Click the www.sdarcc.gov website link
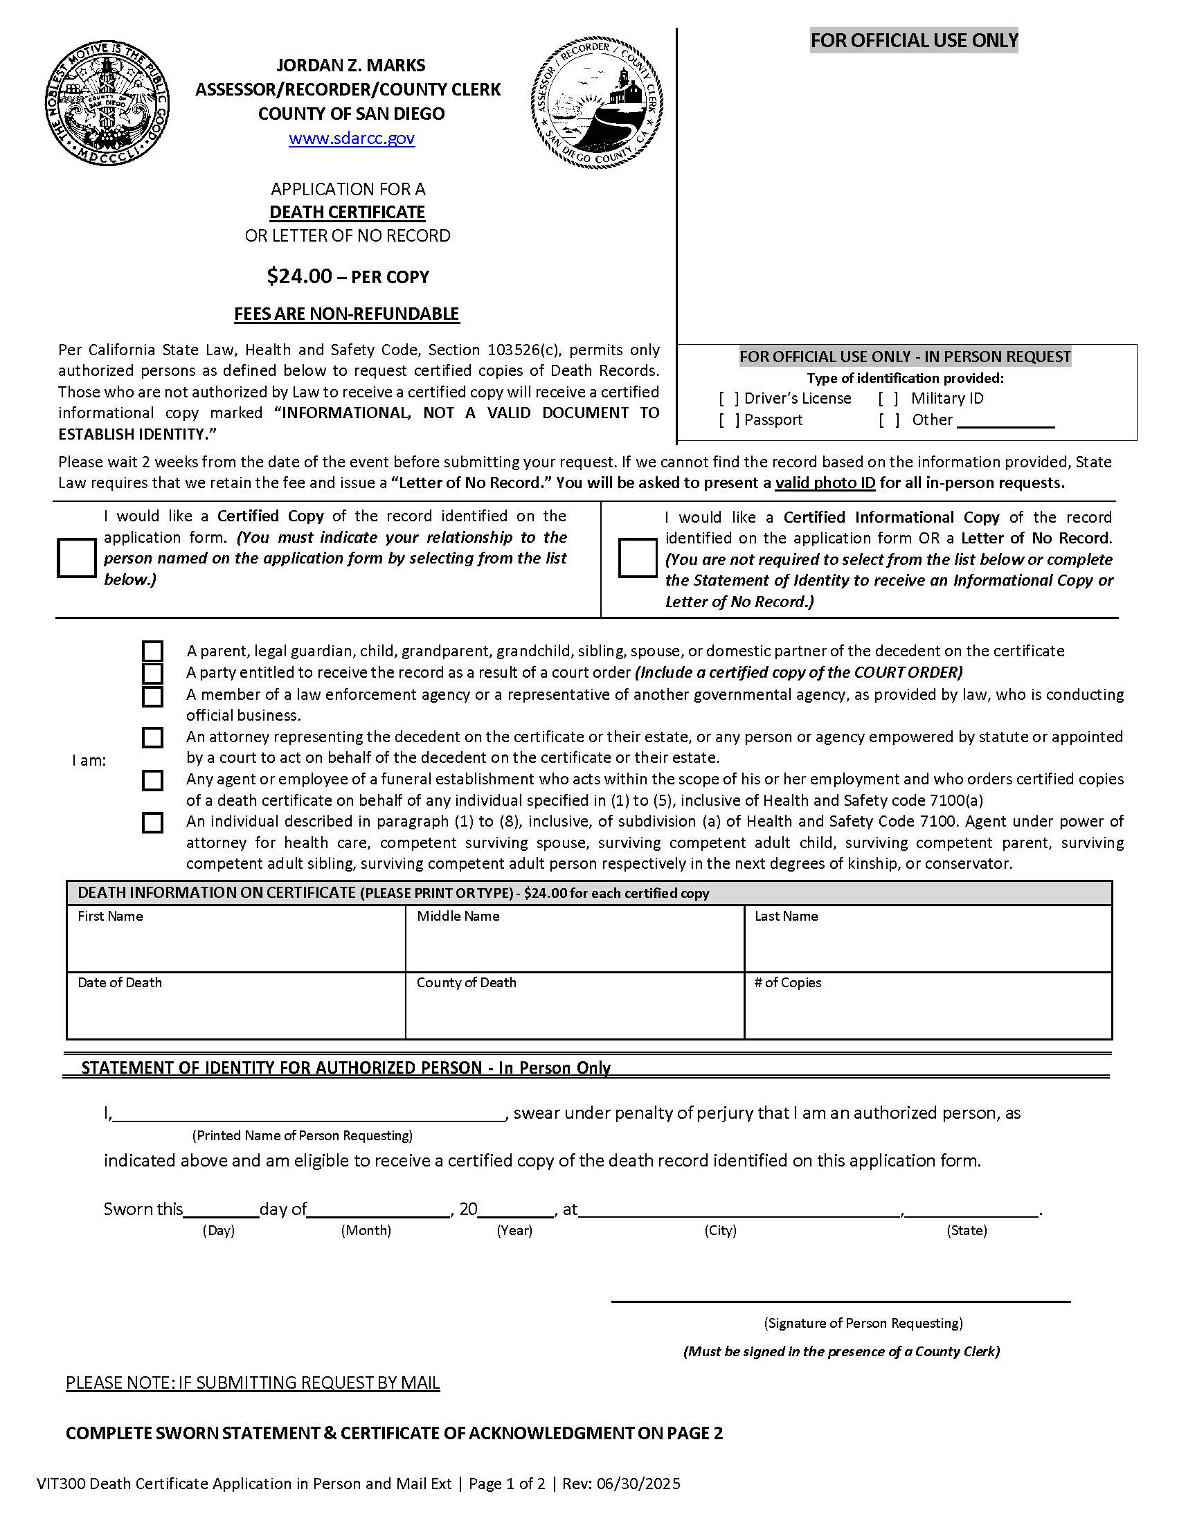point(352,138)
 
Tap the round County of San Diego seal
point(107,103)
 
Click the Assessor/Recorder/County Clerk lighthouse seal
point(597,103)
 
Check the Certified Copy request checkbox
point(77,557)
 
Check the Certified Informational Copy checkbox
point(637,558)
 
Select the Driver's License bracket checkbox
point(729,399)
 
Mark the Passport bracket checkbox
point(729,420)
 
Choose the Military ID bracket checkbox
point(888,399)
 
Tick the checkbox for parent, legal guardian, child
point(153,651)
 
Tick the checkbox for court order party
point(153,674)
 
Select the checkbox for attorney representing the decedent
point(153,738)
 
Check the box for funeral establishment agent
point(153,780)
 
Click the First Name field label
point(110,917)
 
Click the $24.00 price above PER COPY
point(299,276)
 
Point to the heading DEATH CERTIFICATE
point(348,212)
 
